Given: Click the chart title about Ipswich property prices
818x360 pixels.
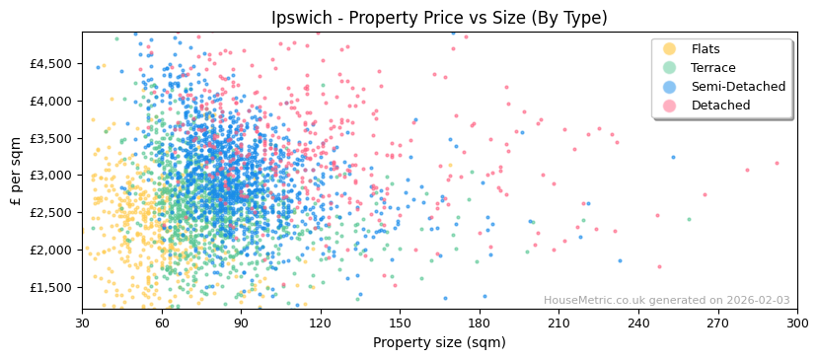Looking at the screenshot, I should point(439,18).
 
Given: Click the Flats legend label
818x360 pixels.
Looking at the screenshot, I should point(706,49).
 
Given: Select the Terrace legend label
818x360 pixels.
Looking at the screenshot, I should point(713,68).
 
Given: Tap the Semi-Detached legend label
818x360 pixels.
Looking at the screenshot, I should point(738,87).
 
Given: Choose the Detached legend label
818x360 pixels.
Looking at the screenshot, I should point(720,106).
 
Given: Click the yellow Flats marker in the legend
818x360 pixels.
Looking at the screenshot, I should point(669,49).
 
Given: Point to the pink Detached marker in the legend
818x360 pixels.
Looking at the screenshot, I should point(669,106).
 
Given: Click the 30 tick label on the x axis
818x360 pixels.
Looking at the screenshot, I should point(82,323).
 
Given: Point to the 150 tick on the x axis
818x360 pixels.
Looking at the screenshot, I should point(400,323).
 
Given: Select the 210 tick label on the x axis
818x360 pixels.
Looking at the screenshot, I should point(558,323).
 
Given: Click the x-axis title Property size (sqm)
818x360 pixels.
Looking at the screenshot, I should point(439,342).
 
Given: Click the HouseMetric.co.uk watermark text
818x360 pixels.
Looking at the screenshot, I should point(666,301).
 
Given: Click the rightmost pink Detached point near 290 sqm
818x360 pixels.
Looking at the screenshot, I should point(777,164).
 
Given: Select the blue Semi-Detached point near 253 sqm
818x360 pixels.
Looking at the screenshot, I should point(673,157).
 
